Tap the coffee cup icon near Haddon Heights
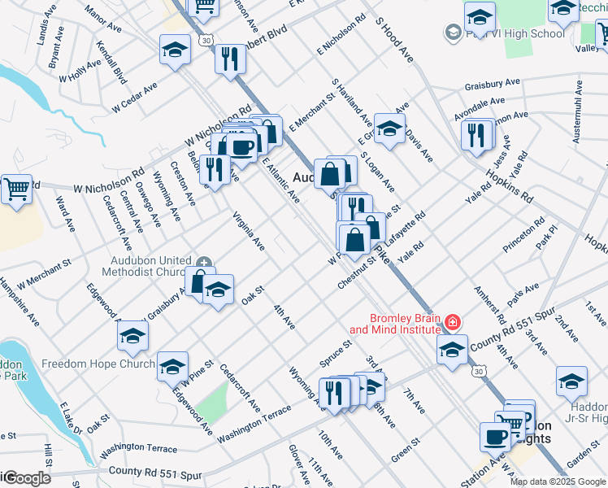click(494, 436)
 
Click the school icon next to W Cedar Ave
click(175, 50)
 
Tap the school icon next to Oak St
click(218, 290)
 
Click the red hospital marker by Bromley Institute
click(452, 323)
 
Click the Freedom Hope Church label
click(98, 364)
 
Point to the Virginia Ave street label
click(248, 230)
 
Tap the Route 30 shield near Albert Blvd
click(206, 39)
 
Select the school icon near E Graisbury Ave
click(389, 129)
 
